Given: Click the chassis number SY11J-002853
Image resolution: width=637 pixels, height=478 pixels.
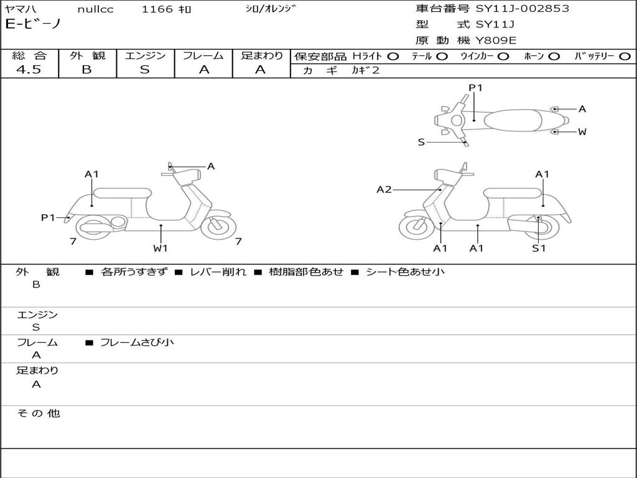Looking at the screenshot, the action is tap(523, 9).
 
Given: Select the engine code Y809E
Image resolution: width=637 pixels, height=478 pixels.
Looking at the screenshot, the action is tap(496, 40).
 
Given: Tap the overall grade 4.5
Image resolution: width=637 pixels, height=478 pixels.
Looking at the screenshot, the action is tap(29, 70).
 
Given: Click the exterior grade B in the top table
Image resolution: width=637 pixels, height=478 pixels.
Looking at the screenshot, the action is tap(87, 70).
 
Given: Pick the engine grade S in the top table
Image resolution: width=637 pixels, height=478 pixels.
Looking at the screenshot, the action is tap(144, 70).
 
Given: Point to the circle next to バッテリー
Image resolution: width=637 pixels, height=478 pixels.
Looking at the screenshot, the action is tap(625, 57).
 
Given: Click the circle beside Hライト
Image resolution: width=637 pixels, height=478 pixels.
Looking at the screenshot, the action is tap(393, 57).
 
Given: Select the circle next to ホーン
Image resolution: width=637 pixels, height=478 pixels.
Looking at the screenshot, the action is tap(554, 57).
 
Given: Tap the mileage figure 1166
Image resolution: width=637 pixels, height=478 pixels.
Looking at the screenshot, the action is tap(157, 9).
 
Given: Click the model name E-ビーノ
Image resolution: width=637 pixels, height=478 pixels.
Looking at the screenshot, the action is tap(33, 24).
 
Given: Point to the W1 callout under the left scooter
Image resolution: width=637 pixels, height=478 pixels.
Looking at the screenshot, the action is tap(160, 248).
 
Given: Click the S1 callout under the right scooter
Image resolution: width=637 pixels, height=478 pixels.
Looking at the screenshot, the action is tap(539, 248).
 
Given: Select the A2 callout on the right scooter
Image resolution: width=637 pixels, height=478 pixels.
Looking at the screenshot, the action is tap(384, 189).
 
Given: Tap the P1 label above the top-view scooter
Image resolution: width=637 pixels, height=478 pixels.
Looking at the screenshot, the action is tap(475, 87).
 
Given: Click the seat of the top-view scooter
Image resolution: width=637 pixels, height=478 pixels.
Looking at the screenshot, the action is tap(513, 120).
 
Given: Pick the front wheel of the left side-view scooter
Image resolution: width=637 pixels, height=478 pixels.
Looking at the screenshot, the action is tap(218, 225).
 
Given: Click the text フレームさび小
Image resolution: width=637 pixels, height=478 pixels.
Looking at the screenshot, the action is tap(137, 342).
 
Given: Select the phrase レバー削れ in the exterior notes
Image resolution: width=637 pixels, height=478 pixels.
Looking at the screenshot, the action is tap(218, 271).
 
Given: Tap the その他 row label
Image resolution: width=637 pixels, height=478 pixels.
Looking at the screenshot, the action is tap(38, 413).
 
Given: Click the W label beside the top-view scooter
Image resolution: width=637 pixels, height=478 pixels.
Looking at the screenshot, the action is tap(582, 132).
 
